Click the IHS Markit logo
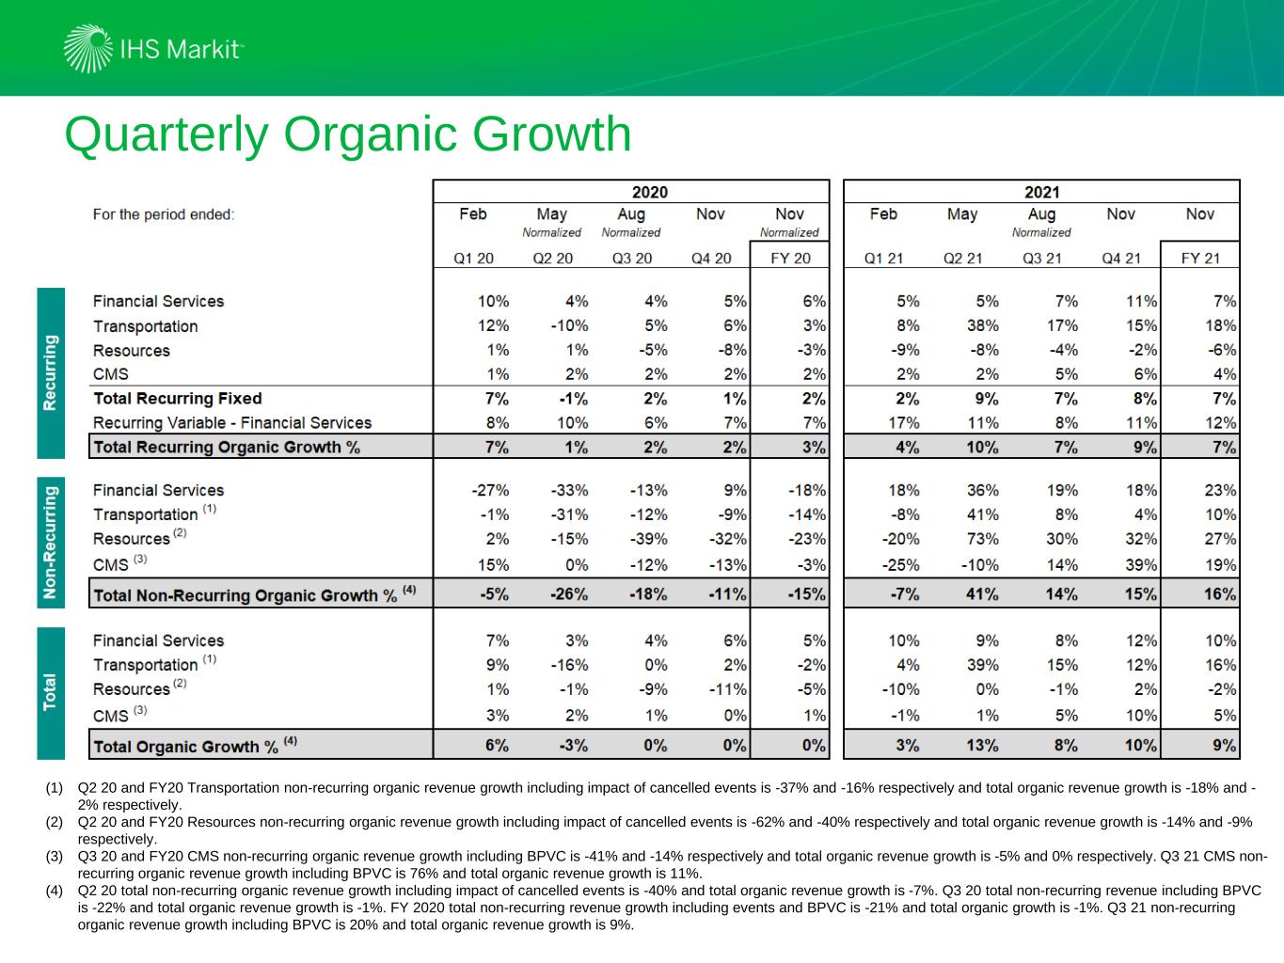(x=153, y=49)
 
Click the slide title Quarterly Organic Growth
(x=347, y=134)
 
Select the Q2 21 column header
(x=962, y=258)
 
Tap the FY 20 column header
(x=789, y=258)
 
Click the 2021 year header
(x=1041, y=192)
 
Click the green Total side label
(x=51, y=692)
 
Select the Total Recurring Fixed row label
(x=177, y=399)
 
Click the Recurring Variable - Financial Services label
(x=231, y=423)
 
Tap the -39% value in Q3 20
(x=648, y=539)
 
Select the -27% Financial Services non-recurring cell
(x=490, y=490)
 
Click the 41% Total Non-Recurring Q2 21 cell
(x=982, y=594)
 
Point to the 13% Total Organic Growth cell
(x=982, y=746)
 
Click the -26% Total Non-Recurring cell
(x=569, y=594)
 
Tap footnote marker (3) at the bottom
(x=55, y=857)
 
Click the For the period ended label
(x=164, y=214)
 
